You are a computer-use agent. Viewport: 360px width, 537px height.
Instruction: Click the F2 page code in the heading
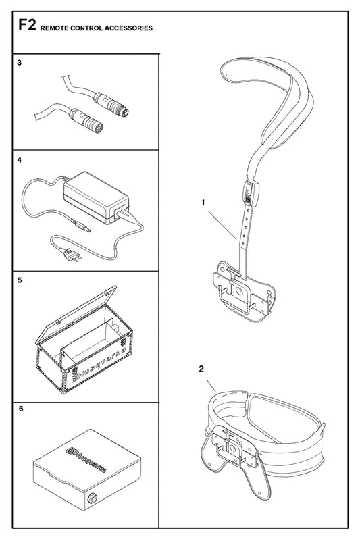tap(27, 26)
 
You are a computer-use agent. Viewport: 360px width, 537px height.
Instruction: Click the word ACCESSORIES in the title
tap(128, 28)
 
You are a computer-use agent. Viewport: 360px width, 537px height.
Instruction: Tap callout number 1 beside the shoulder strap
tap(203, 203)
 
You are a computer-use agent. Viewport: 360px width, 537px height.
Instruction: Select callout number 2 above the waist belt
tap(201, 369)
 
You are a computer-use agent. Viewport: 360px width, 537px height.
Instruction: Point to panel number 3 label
tap(19, 63)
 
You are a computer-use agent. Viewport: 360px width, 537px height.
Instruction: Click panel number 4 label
tap(19, 160)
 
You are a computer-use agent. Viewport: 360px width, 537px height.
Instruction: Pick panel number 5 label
tap(20, 280)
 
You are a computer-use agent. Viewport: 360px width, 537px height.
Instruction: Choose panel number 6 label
tap(21, 409)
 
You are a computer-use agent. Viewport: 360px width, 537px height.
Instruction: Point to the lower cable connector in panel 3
tap(87, 120)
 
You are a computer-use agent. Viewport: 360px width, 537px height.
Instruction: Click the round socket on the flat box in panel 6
tap(92, 498)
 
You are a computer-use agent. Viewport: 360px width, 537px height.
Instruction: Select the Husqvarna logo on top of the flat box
tap(87, 459)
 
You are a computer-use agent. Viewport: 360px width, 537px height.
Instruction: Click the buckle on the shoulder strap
tap(252, 193)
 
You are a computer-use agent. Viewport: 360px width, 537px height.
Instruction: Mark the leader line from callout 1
tap(222, 225)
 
